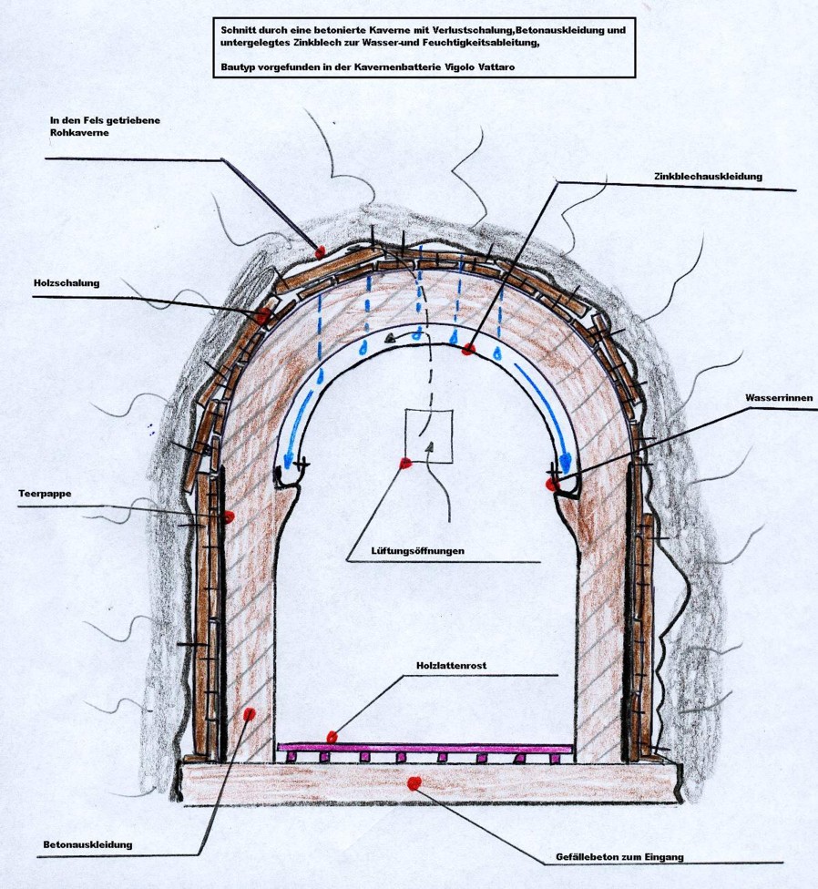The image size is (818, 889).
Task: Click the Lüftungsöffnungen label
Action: point(406,551)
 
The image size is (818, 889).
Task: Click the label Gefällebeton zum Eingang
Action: point(619,857)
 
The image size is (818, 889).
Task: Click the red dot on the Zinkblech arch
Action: point(468,350)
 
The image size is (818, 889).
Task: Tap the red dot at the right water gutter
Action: point(552,485)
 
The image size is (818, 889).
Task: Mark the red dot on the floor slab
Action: point(415,782)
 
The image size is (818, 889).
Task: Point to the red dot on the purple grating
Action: point(332,736)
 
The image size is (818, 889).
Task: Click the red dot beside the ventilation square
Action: point(404,464)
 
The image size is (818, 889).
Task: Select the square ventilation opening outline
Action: point(429,435)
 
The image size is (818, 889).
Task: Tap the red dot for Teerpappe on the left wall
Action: point(229,516)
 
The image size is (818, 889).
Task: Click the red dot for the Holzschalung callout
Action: point(262,316)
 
